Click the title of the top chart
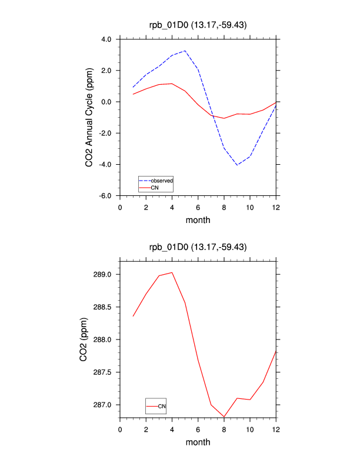[198, 24]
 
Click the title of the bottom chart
[198, 248]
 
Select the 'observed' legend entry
[161, 180]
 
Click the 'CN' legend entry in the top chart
[155, 188]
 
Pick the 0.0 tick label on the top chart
[106, 102]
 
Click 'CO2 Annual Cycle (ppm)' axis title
[89, 118]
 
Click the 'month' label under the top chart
[198, 220]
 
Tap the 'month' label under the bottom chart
[198, 442]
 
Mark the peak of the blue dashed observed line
[185, 51]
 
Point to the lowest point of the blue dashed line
[237, 165]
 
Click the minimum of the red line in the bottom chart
[224, 417]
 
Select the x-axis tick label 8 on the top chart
[224, 207]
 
